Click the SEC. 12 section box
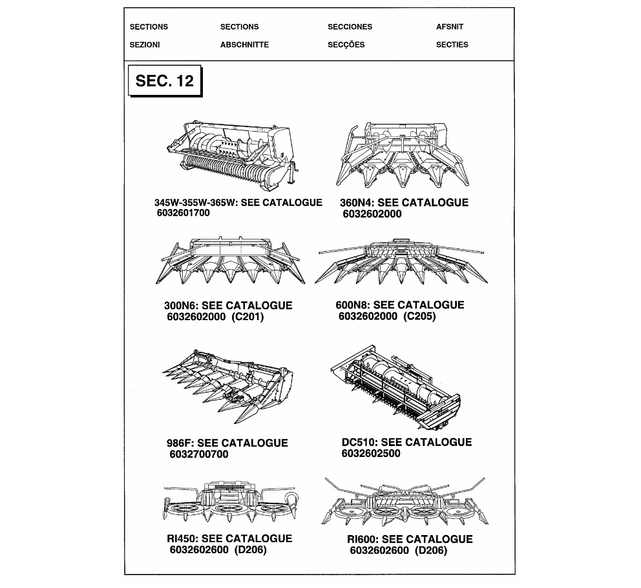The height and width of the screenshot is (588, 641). click(164, 81)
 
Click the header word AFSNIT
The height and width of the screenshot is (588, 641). click(450, 27)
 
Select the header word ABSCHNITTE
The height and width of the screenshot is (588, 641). click(244, 45)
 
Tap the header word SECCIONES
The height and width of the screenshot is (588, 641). click(350, 27)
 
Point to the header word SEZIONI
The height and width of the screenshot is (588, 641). click(145, 45)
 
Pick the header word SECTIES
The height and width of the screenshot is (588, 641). click(452, 45)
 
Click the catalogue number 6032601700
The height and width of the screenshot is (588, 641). click(184, 213)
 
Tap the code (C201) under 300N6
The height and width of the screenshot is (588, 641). click(247, 317)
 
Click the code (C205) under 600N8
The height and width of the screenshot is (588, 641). click(419, 316)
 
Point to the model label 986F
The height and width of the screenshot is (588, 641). click(180, 443)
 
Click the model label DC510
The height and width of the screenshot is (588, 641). click(358, 442)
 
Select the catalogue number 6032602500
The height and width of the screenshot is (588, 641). click(371, 453)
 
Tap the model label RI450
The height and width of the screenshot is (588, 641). click(183, 538)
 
